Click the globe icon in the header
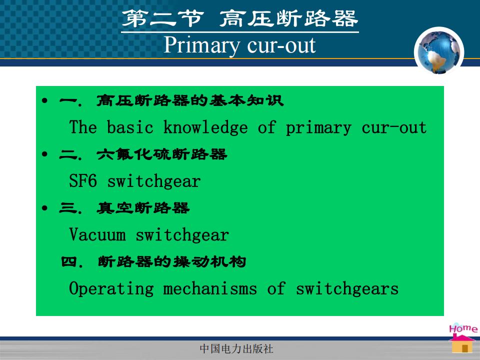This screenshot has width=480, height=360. [x=439, y=51]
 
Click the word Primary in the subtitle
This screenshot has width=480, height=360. [x=201, y=46]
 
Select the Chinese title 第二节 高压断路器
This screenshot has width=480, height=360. [x=240, y=18]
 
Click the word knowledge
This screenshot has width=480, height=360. [x=205, y=127]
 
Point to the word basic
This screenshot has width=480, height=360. [x=130, y=127]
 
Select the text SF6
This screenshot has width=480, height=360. [x=83, y=180]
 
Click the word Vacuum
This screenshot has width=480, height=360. [x=97, y=234]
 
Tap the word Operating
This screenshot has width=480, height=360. [x=111, y=288]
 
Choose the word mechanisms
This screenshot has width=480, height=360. [x=210, y=288]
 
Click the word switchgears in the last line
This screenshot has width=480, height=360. [x=347, y=288]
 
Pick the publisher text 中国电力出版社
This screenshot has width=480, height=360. [x=236, y=348]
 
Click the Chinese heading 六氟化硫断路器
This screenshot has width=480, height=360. [x=162, y=154]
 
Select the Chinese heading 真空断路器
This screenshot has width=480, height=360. [x=143, y=208]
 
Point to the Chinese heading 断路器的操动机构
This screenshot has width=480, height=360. [x=172, y=262]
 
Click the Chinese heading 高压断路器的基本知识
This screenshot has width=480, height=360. [x=190, y=100]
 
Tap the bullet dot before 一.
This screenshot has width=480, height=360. [x=45, y=100]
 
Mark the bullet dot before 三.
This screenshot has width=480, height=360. [x=45, y=208]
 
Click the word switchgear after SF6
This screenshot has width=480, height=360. [x=154, y=181]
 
